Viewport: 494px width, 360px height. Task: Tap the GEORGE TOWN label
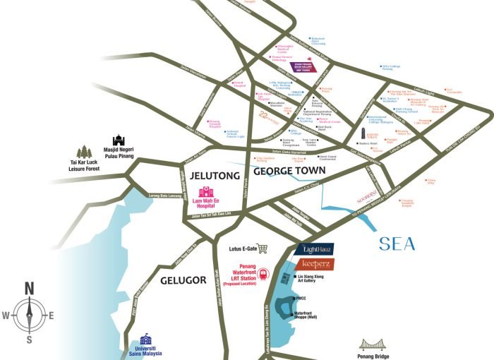tap(289, 171)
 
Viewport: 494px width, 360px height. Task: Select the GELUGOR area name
tap(183, 280)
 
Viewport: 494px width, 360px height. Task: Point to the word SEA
tap(397, 245)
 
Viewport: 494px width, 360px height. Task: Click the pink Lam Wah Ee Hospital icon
tap(206, 192)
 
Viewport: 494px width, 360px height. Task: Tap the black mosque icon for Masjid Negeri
tap(119, 142)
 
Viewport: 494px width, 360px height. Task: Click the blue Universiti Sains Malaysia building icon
tap(145, 338)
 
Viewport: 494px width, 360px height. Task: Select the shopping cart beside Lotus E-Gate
tap(263, 248)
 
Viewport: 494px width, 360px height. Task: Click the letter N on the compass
tap(29, 288)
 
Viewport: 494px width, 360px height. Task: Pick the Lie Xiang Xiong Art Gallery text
tap(313, 278)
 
